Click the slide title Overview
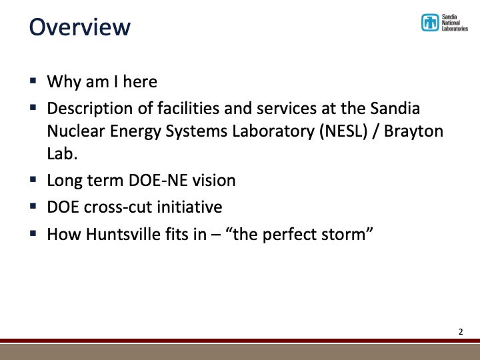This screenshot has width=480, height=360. (79, 27)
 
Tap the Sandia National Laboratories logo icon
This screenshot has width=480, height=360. (430, 23)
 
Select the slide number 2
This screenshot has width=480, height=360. (460, 331)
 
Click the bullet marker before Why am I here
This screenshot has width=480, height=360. (33, 81)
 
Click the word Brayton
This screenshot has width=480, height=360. (416, 131)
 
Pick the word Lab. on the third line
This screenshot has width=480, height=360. (60, 154)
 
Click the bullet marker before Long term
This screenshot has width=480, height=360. (33, 179)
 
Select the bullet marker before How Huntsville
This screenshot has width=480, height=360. (33, 234)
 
